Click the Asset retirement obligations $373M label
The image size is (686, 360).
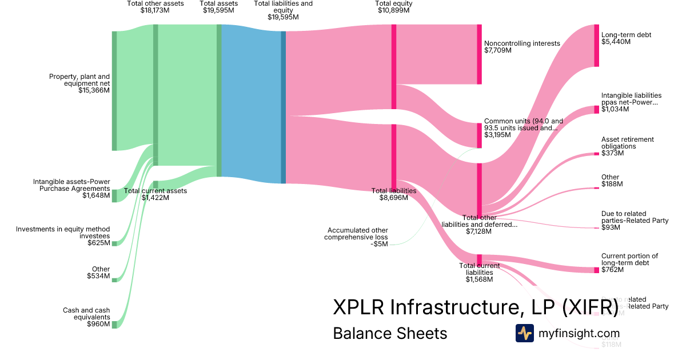(x=627, y=146)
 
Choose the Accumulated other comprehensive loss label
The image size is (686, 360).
(x=356, y=233)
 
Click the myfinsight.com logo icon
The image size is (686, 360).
(x=524, y=333)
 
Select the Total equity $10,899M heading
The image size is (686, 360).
(x=394, y=7)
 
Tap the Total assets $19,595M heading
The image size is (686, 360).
(x=218, y=7)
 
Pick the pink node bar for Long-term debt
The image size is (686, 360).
(x=596, y=46)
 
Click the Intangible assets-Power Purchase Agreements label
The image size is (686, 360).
(x=71, y=189)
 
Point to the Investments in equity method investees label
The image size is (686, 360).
(x=63, y=235)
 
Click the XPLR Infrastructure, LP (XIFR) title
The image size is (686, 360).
(x=475, y=307)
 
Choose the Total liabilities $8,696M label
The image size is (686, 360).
(x=394, y=194)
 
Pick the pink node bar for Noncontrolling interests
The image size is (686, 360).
(x=479, y=54)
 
